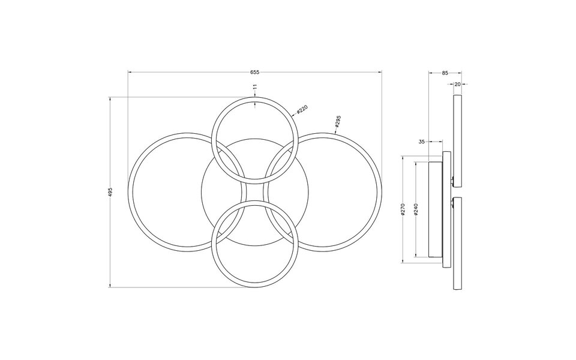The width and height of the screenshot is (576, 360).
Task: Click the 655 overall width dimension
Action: coord(255,71)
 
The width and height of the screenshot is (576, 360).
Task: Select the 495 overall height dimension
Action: coord(110,192)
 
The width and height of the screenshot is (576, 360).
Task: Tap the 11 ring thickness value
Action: coord(256,87)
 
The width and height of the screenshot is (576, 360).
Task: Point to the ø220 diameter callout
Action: coord(301,109)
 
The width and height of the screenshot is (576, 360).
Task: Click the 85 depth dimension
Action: coord(445,73)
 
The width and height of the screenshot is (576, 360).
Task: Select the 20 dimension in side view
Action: coord(457,85)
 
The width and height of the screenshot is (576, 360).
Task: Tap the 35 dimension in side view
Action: coord(421,142)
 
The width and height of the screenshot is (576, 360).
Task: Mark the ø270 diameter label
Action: coord(403,210)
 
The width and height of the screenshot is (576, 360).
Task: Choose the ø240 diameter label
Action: coord(416,210)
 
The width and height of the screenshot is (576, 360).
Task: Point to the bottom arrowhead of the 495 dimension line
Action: coord(110,286)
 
